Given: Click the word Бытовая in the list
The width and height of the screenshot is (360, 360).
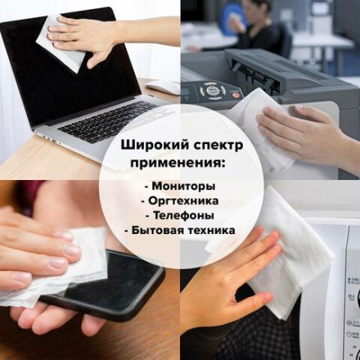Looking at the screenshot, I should pos(160,230).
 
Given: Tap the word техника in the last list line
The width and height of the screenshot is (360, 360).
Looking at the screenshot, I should pos(210,230).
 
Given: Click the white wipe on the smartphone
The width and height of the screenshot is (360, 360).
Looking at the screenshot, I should pos(61,262).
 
